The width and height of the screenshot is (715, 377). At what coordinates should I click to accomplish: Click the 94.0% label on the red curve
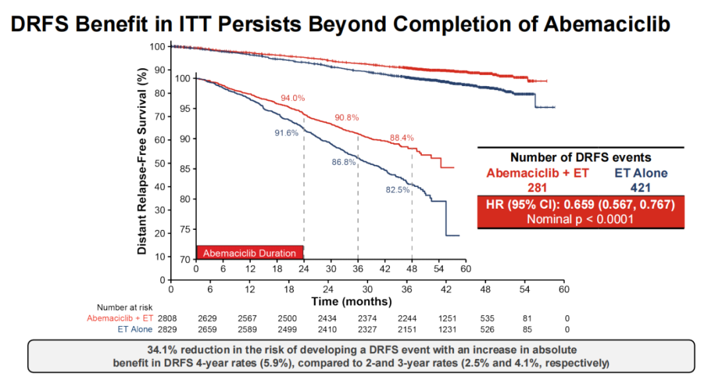(x=293, y=98)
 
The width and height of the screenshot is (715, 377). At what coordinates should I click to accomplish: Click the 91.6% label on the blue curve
(x=287, y=133)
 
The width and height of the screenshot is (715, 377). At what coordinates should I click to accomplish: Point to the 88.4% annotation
(x=401, y=138)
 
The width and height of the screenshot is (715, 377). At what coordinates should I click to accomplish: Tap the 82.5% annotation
(x=397, y=190)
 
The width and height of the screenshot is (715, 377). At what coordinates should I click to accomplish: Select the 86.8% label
(x=344, y=162)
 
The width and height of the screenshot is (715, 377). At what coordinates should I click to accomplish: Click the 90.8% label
(x=346, y=118)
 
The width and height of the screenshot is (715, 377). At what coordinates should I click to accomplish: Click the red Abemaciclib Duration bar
(x=250, y=253)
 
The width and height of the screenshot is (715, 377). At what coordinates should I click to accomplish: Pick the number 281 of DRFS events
(x=536, y=188)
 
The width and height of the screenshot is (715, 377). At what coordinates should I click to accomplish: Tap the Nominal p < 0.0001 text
(x=580, y=219)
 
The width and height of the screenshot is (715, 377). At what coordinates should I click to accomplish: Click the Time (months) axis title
(x=352, y=301)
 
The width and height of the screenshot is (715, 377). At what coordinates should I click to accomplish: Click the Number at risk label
(x=124, y=307)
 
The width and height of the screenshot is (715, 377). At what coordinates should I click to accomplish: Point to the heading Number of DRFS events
(x=581, y=158)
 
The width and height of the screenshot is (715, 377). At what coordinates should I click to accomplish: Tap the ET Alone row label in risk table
(x=134, y=329)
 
